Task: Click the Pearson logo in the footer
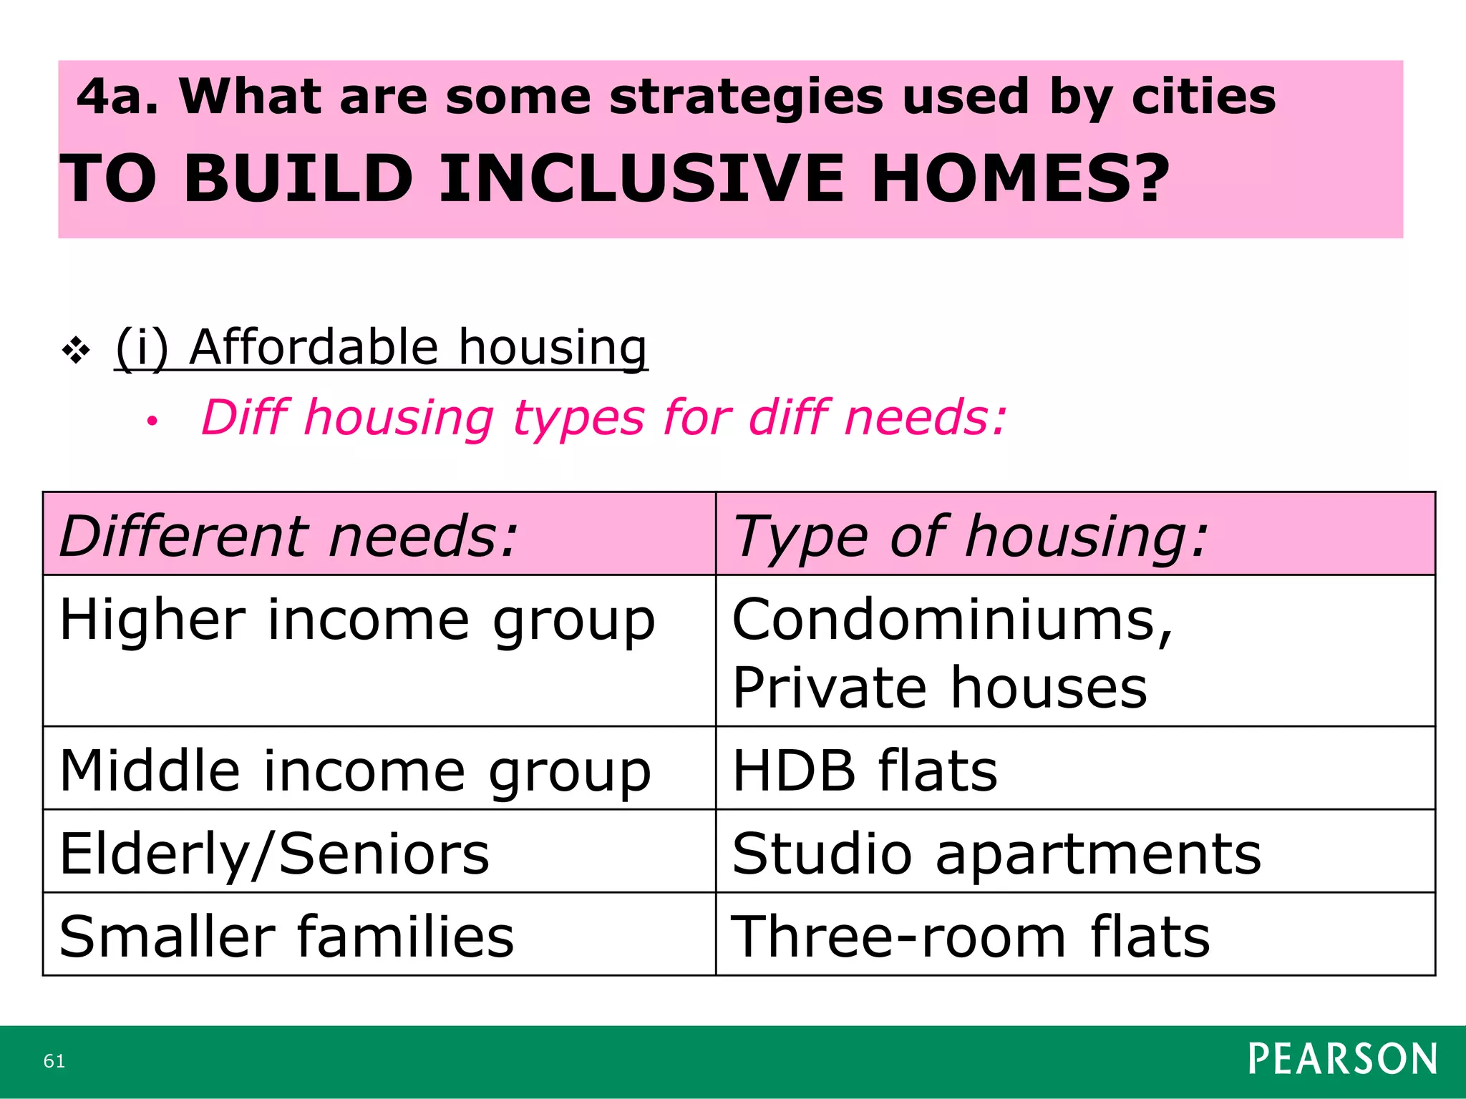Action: [1342, 1060]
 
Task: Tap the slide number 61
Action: [54, 1061]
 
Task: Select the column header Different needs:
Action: [288, 536]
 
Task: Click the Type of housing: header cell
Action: [970, 536]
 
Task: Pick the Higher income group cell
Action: [356, 620]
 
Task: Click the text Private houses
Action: [939, 688]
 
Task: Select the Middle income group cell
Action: [355, 771]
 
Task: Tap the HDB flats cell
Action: [865, 771]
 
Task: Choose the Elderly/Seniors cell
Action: [274, 854]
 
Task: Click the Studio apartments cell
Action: [996, 854]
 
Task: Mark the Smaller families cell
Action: [286, 937]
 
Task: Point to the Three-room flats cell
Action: [970, 937]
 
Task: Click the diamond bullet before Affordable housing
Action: [76, 351]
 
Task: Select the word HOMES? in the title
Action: [1019, 179]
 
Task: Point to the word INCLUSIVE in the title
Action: [641, 179]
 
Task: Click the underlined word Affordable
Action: [314, 347]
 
